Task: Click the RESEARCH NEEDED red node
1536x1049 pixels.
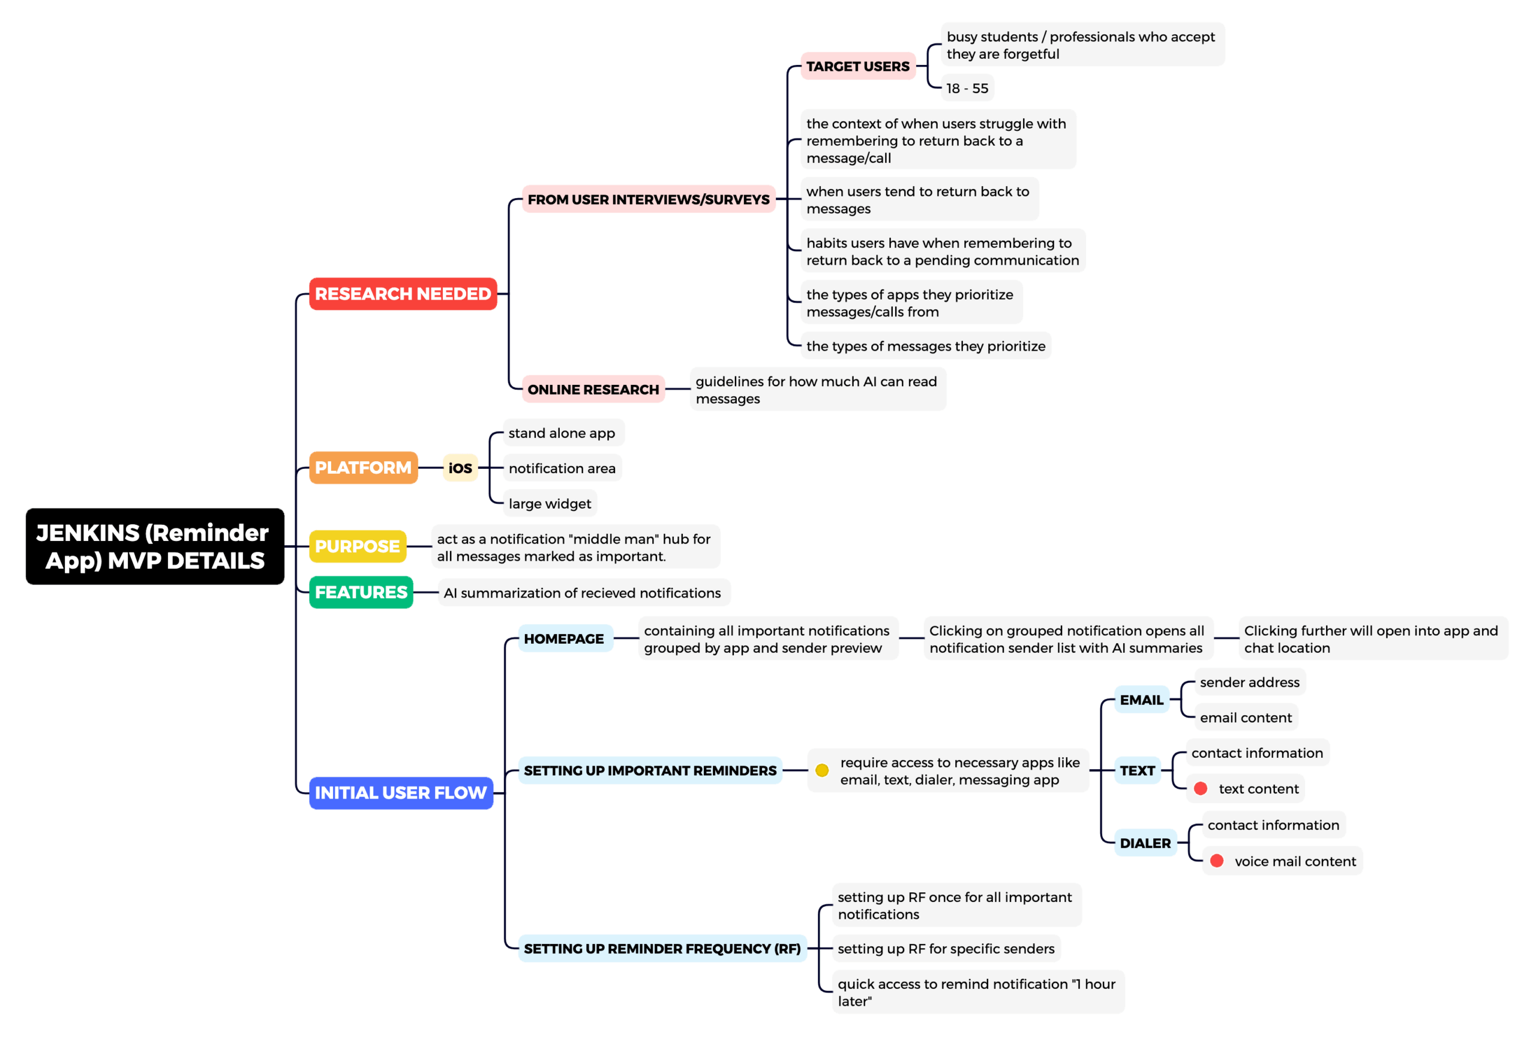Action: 403,294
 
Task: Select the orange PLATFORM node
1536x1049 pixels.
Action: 363,468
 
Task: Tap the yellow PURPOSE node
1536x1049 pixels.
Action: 357,546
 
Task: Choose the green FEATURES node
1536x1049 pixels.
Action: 361,592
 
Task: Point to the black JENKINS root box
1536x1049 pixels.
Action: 155,546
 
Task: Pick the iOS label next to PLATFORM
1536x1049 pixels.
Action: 460,468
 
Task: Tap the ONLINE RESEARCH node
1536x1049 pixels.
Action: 593,390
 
